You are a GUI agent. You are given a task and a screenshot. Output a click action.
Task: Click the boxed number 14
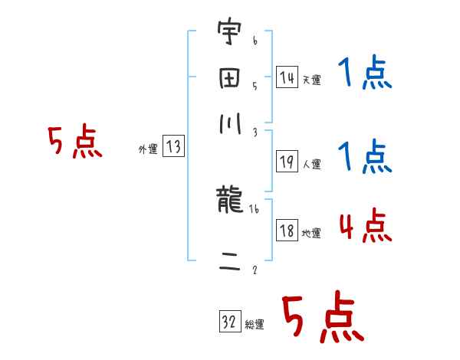tap(287, 77)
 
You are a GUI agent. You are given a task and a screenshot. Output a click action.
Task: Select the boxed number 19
tap(287, 161)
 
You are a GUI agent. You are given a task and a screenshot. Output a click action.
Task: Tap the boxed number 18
tap(287, 231)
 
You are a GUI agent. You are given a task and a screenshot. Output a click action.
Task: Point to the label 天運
tap(311, 80)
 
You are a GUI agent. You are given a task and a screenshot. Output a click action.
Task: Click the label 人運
tap(311, 164)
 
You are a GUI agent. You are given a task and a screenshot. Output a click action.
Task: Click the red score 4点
tap(364, 227)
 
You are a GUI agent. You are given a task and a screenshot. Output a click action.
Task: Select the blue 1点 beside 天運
tap(365, 74)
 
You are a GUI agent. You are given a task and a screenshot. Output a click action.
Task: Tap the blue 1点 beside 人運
tap(365, 158)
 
